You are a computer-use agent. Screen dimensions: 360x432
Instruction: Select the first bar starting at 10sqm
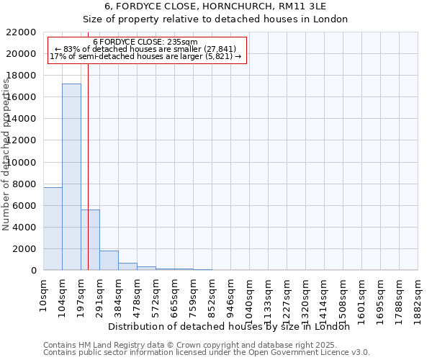[53, 228]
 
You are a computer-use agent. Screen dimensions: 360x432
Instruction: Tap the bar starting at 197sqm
[90, 240]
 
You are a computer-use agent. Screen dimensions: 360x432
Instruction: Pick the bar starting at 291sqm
[109, 261]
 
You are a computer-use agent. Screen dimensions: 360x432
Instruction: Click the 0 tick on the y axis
[33, 271]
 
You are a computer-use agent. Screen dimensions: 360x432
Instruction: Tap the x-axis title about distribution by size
[233, 327]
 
